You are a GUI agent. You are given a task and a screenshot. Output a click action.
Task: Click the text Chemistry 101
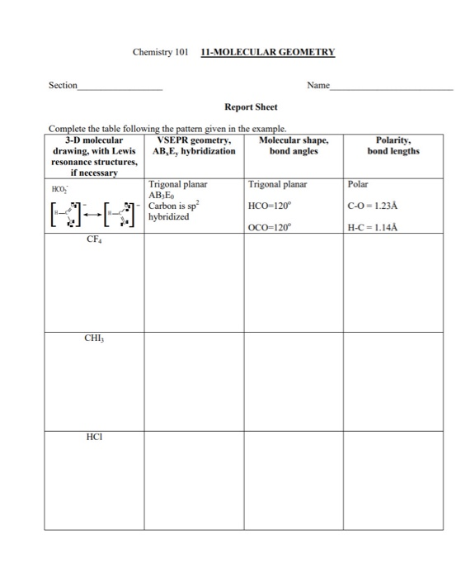click(x=161, y=52)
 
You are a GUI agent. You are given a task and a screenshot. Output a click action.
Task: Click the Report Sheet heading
click(x=251, y=107)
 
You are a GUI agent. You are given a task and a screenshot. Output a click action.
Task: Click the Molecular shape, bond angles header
click(x=293, y=145)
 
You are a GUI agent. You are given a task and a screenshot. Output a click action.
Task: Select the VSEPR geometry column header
click(x=195, y=145)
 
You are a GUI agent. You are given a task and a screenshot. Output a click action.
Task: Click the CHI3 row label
click(x=94, y=338)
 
